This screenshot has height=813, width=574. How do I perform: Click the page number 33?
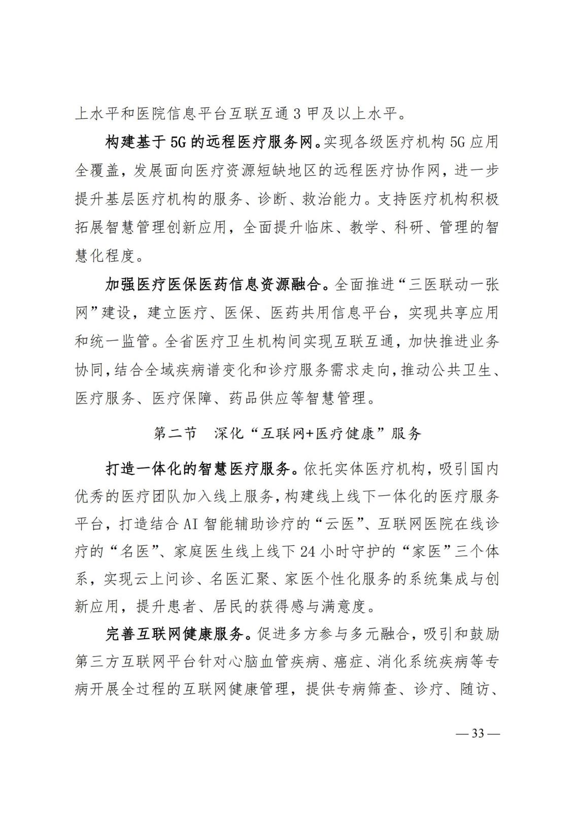pyautogui.click(x=478, y=734)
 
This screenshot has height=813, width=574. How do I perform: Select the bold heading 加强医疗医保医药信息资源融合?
pyautogui.click(x=213, y=285)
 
